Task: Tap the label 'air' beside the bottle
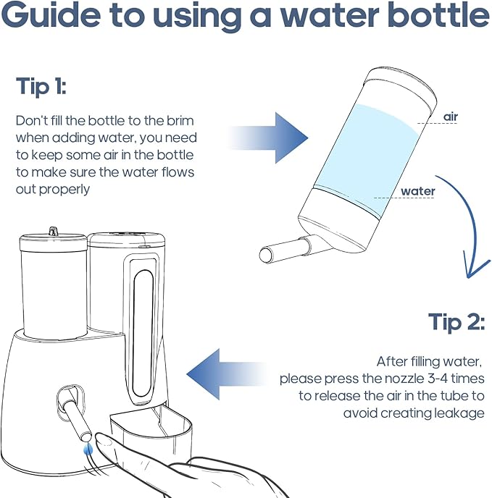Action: coord(450,116)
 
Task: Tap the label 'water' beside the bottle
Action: coord(418,192)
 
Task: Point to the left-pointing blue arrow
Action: coord(217,373)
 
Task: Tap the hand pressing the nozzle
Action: coord(167,470)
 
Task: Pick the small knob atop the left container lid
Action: coord(52,231)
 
